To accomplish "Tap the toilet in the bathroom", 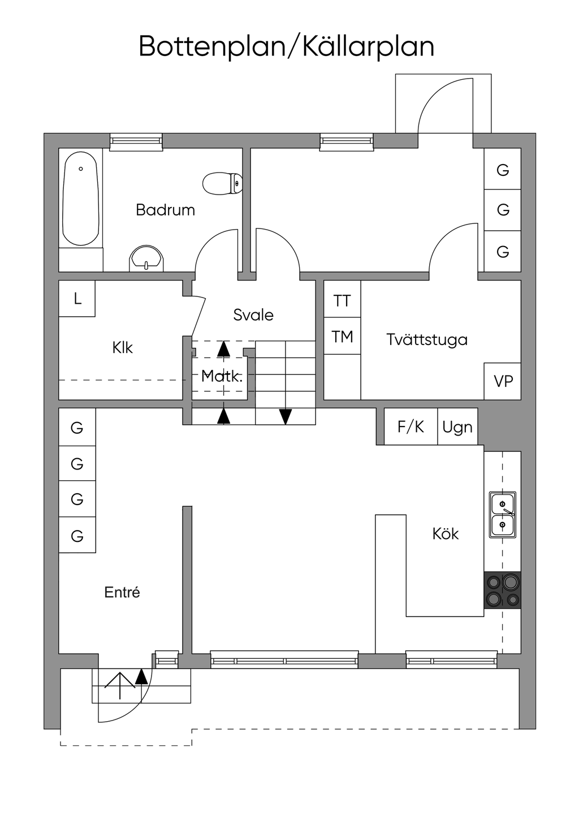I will click(223, 183).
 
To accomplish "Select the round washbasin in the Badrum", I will click(146, 260).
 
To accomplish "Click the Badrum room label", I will click(165, 210).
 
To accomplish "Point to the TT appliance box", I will click(342, 300).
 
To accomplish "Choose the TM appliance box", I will click(342, 337).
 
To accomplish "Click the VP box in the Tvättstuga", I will click(503, 381).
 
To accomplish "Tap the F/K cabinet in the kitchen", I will click(411, 426).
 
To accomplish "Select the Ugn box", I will click(457, 426).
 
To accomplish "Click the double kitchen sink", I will click(502, 514).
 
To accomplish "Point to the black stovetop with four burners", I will click(502, 590).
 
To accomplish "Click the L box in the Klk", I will click(77, 298).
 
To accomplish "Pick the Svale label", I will click(253, 315).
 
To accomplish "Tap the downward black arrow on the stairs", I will click(286, 416).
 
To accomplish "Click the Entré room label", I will click(122, 592).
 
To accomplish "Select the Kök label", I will click(446, 533).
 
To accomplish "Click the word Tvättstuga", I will click(427, 340).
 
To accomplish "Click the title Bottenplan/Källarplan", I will click(287, 46).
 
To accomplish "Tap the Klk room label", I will click(122, 347).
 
